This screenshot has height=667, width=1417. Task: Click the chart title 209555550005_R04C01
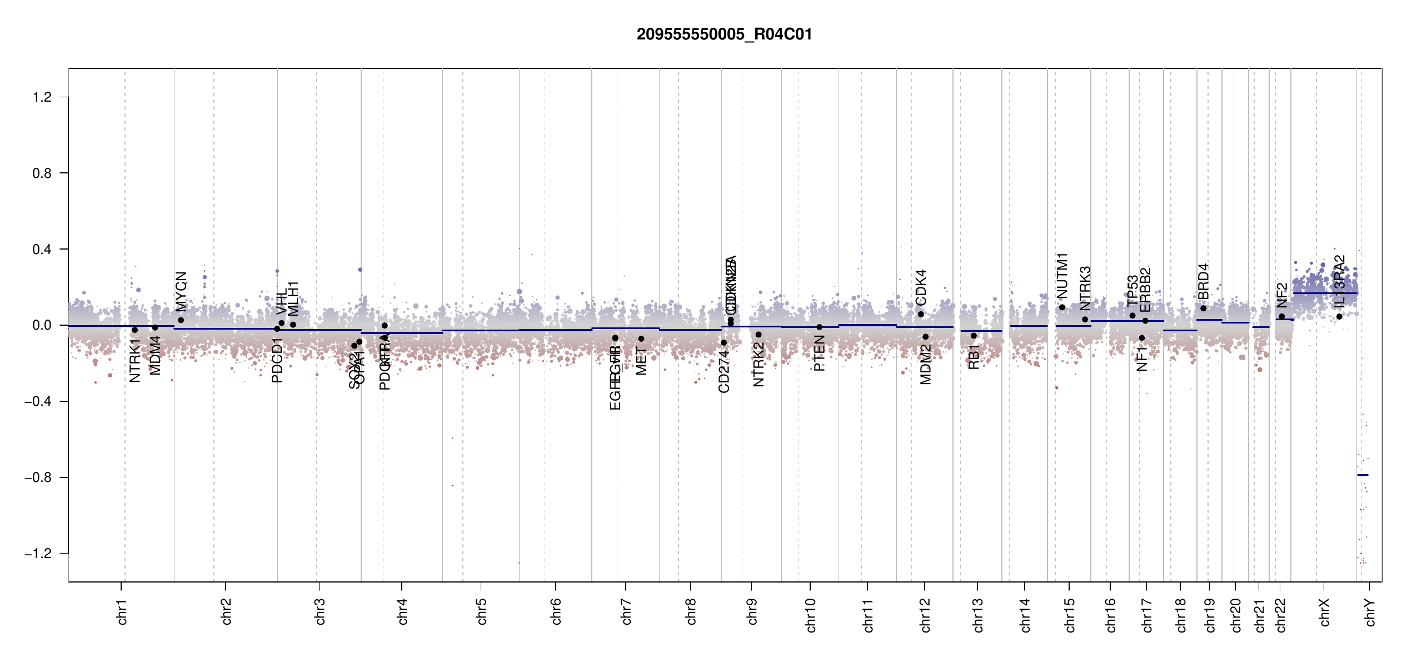coord(724,34)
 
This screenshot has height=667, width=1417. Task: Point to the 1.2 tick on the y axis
coord(42,97)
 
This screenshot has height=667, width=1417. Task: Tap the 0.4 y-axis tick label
coord(42,249)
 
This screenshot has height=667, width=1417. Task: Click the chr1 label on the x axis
coord(122,611)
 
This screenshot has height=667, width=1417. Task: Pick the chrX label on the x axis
coord(1325,613)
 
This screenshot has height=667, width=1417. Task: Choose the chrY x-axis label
coord(1370,613)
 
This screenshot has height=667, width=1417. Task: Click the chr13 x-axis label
coord(978,615)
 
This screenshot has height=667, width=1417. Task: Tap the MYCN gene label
coord(181,291)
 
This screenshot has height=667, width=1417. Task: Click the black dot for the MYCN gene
coord(181,320)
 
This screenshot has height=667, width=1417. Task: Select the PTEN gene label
coord(819,354)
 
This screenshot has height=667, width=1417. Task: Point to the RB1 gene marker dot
coord(974,336)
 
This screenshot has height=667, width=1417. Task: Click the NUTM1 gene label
coord(1062,276)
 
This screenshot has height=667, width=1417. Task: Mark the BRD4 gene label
coord(1203,281)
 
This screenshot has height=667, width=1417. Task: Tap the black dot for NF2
coord(1282,316)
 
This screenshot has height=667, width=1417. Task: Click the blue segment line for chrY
coord(1363,475)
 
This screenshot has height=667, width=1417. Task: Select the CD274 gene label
coord(724,371)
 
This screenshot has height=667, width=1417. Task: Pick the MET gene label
coord(641,361)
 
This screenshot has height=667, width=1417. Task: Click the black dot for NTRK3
coord(1085,320)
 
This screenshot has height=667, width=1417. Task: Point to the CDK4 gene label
coord(921,287)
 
